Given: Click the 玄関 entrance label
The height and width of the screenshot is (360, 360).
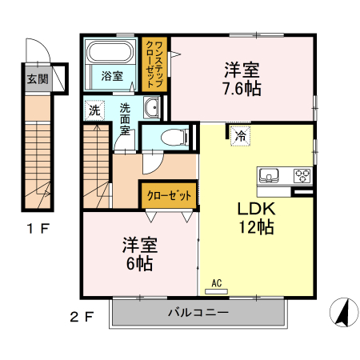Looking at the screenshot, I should pyautogui.click(x=36, y=79).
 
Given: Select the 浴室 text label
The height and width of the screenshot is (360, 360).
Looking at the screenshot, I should pyautogui.click(x=112, y=77).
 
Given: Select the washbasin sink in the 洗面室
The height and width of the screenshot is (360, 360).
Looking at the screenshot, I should pyautogui.click(x=152, y=108).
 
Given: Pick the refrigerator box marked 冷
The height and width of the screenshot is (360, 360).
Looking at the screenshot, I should pyautogui.click(x=239, y=135).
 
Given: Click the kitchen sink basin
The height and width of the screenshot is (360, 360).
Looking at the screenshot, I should pyautogui.click(x=269, y=175).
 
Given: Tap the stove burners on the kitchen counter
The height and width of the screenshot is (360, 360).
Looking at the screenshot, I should pyautogui.click(x=302, y=174).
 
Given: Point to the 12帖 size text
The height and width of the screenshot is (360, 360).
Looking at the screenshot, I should pyautogui.click(x=255, y=228).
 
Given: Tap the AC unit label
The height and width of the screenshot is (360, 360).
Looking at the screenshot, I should pyautogui.click(x=216, y=282).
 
